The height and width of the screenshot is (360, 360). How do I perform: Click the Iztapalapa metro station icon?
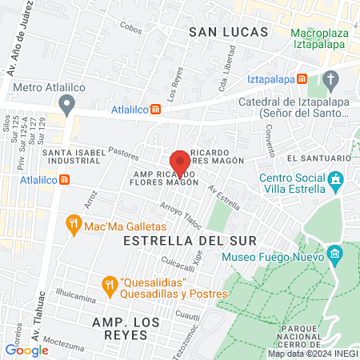pos(302,79)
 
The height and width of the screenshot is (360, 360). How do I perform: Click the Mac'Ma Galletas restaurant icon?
pos(74,225)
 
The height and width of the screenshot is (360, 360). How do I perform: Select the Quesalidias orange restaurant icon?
pos(110,284)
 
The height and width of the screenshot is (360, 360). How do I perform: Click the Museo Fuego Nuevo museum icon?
pos(334,257)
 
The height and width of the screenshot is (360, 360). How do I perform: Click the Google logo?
pos(26,350)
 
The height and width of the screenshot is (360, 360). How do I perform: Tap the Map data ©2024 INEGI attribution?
pos(312,354)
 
